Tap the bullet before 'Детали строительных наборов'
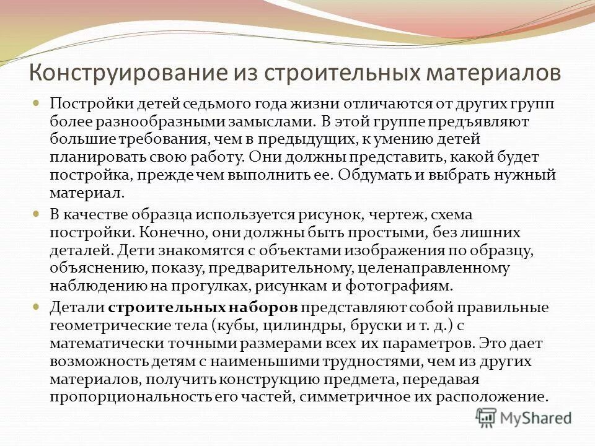click(x=37, y=307)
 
